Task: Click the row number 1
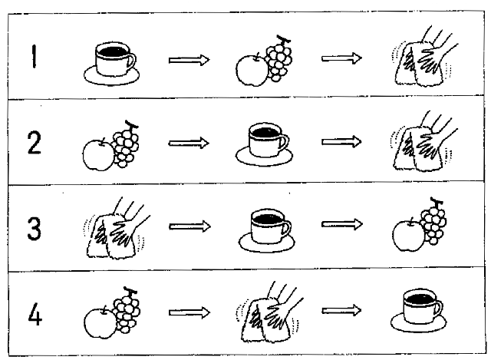34,57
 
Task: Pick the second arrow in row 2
341,143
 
